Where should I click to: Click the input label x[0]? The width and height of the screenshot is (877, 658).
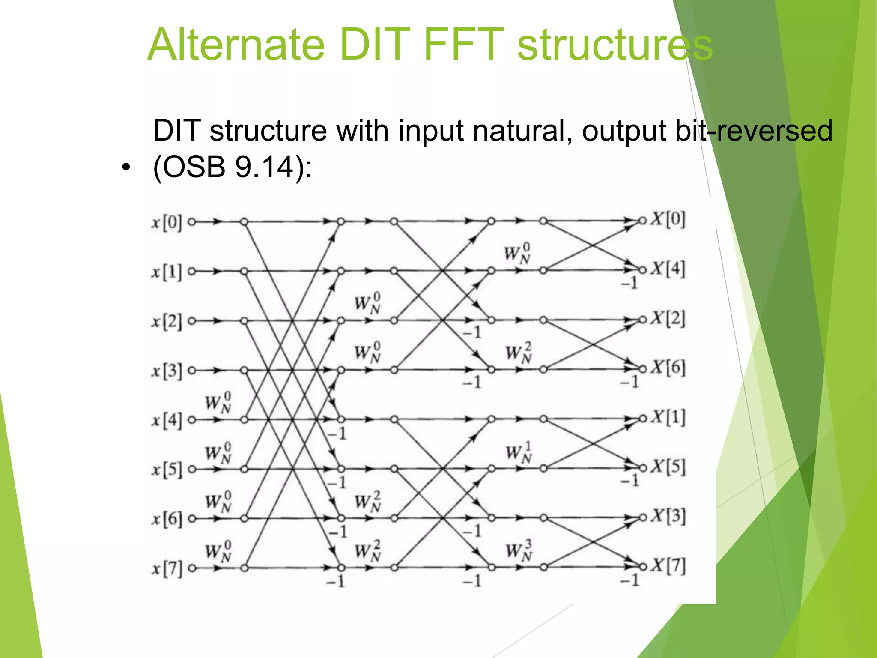click(166, 222)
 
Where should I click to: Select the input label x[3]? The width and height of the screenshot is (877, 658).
click(166, 371)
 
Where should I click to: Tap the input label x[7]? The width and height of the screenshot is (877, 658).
click(166, 568)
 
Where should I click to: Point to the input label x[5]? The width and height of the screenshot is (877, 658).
click(166, 470)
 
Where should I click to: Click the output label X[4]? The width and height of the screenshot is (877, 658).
click(668, 269)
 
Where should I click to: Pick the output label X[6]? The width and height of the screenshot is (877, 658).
click(668, 368)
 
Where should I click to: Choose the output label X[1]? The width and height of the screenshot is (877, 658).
click(668, 418)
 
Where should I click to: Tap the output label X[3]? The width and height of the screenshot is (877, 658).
click(668, 516)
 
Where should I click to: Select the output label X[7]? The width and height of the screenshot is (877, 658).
click(668, 566)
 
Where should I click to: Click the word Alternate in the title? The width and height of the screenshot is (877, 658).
click(236, 45)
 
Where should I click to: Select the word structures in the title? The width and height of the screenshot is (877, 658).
click(615, 45)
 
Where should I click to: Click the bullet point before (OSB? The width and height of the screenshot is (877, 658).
click(125, 168)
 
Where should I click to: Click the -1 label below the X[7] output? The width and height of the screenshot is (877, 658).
click(630, 580)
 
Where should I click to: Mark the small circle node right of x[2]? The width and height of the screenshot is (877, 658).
click(192, 321)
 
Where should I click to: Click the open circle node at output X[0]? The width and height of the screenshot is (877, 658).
click(642, 221)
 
